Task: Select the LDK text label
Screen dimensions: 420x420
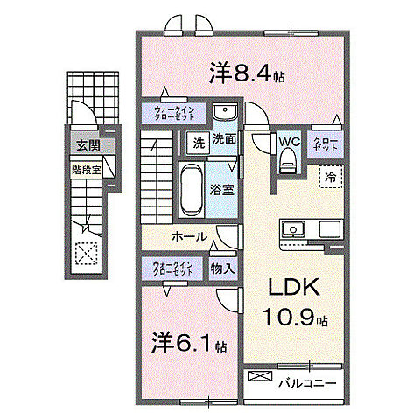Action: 292,289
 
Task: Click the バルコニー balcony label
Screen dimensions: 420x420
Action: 307,381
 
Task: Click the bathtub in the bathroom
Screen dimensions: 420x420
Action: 189,187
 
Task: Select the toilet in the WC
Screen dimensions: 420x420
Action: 288,160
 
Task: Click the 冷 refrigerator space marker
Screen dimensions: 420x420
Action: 331,176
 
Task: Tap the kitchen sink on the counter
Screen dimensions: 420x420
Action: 292,229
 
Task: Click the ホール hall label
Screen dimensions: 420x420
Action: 189,236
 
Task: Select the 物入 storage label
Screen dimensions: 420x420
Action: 222,269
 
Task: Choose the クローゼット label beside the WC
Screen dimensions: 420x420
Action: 325,146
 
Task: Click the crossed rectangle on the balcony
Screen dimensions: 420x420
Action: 260,377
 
